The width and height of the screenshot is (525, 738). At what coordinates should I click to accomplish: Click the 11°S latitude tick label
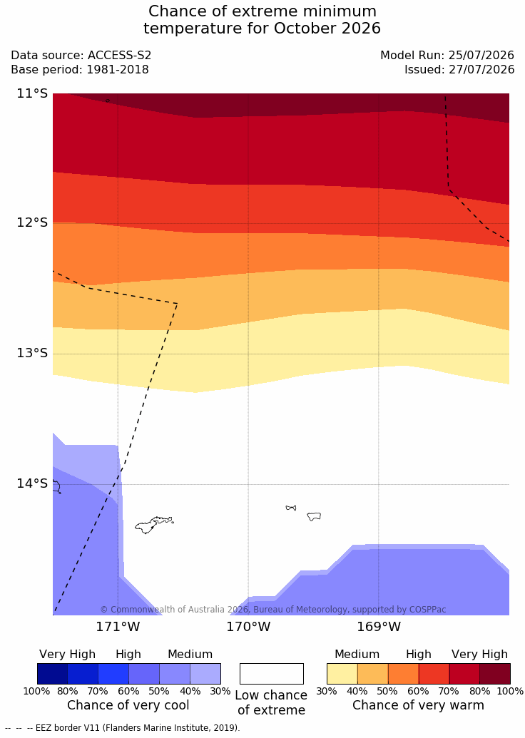33,93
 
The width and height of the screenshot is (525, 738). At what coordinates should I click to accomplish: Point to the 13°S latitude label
33,353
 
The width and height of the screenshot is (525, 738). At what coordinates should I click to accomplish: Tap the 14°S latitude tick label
33,483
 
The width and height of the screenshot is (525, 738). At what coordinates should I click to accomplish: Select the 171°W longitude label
118,627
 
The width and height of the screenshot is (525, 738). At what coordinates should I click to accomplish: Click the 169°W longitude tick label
379,627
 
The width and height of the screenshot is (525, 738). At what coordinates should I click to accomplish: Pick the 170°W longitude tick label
248,627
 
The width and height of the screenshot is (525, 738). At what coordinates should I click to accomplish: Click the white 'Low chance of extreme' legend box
272,674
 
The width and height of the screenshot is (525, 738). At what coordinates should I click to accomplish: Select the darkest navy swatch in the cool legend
52,674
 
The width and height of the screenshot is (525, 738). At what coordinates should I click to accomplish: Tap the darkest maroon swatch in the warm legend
495,674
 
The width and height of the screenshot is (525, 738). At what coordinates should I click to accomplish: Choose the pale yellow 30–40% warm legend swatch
342,674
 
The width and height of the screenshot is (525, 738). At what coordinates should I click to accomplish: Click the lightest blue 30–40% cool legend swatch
205,674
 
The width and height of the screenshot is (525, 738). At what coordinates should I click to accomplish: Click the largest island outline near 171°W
154,524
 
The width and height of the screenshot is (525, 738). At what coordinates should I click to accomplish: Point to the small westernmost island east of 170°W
291,508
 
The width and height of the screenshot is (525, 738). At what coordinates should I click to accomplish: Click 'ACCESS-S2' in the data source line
120,56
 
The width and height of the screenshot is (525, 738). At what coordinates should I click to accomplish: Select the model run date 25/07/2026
481,56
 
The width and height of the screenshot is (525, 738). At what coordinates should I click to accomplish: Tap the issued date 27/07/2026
481,70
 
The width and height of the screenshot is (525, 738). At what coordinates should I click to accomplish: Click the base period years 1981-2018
117,70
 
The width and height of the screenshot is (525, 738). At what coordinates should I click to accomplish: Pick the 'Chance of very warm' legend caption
418,705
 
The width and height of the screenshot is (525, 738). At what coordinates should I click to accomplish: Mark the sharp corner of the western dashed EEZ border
177,304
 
